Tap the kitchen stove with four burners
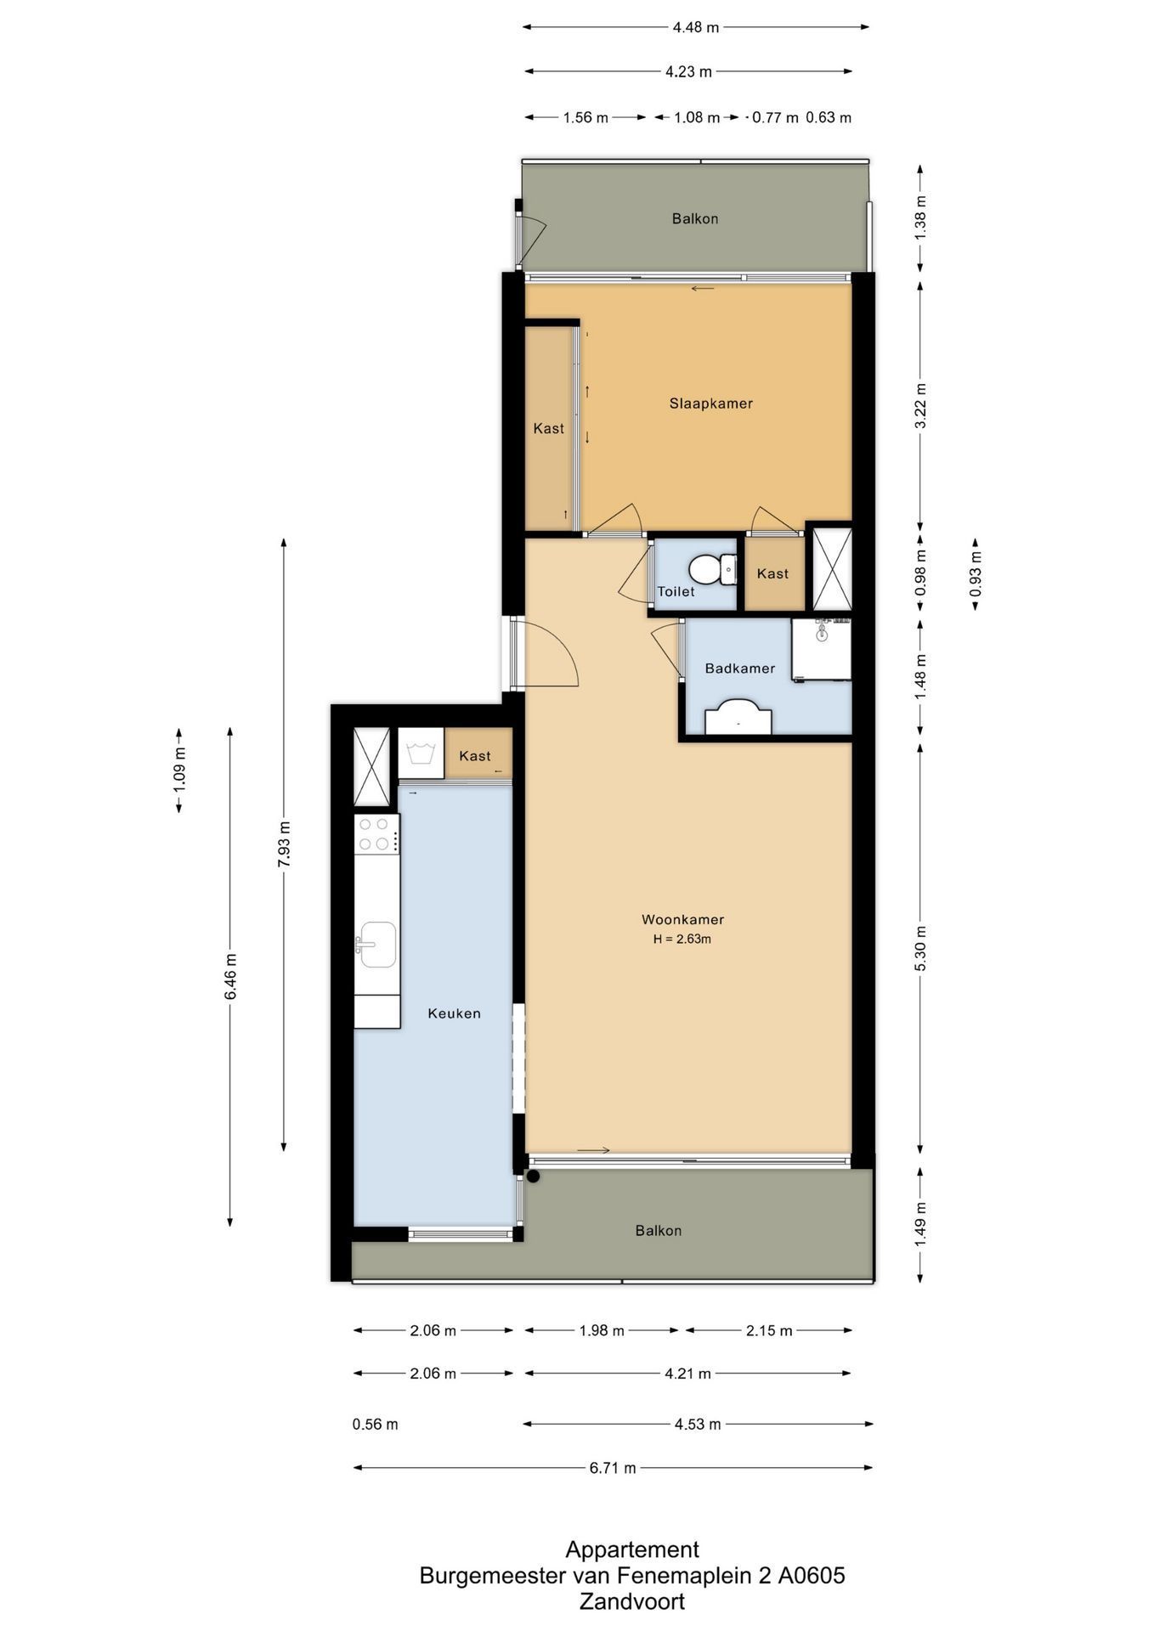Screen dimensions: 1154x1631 [x=377, y=834]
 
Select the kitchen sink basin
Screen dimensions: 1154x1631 [x=376, y=945]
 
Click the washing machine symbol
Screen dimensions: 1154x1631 [x=421, y=753]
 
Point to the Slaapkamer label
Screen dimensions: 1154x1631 [x=711, y=404]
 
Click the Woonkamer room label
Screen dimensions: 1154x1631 [x=682, y=919]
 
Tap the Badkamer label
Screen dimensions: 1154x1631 [x=740, y=669]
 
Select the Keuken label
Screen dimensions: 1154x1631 [x=455, y=1013]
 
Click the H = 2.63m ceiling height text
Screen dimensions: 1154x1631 [x=682, y=940]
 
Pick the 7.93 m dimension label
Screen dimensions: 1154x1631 [x=285, y=844]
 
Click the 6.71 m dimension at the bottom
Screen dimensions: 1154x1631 [x=613, y=1468]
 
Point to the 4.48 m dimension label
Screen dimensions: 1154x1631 [x=696, y=27]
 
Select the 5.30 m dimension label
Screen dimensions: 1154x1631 [x=921, y=948]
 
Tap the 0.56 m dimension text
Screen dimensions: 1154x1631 [x=376, y=1425]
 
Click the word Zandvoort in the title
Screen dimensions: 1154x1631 [x=632, y=1602]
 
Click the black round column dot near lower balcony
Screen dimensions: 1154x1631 [x=534, y=1177]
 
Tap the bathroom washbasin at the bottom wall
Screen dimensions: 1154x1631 [x=739, y=717]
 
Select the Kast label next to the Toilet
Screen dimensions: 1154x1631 [x=772, y=573]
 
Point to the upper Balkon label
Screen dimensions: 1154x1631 [x=695, y=218]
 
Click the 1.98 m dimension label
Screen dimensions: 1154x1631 [x=602, y=1330]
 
